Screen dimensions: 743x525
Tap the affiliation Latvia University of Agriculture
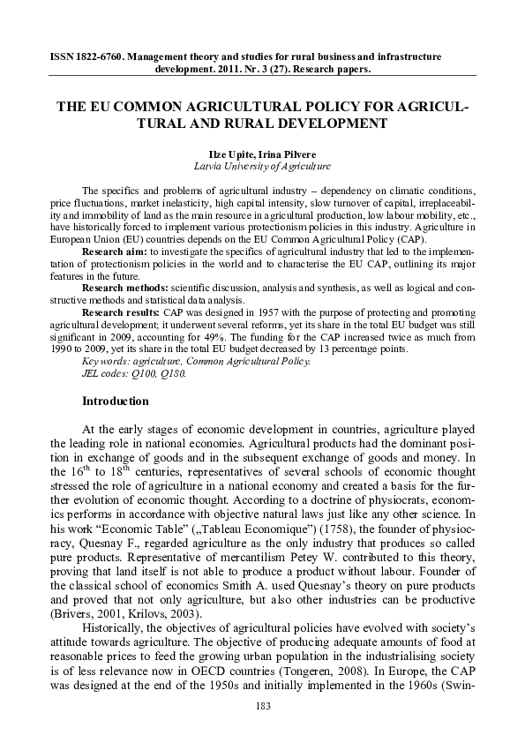(262, 165)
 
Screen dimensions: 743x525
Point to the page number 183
(262, 706)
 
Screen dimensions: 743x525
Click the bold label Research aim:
(112, 251)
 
